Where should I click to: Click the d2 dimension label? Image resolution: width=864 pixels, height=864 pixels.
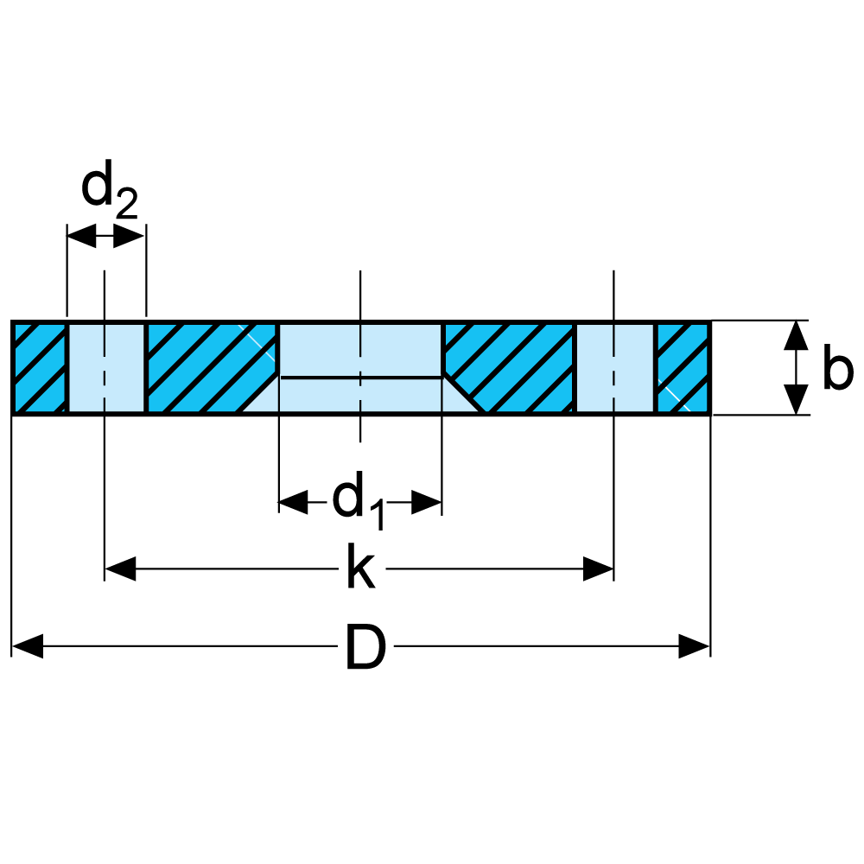(x=108, y=192)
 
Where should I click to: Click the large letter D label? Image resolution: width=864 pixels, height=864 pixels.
(x=365, y=647)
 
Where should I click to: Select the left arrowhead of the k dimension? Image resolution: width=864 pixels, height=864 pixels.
(x=120, y=569)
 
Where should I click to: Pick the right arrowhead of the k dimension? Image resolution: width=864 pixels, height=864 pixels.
(x=598, y=569)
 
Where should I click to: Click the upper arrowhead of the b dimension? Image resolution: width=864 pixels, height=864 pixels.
(x=796, y=335)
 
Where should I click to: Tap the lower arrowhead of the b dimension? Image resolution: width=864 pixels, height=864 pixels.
(x=796, y=400)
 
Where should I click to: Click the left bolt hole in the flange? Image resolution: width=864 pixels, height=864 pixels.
(x=106, y=368)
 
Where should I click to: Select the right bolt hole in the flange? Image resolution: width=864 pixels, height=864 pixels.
(x=613, y=368)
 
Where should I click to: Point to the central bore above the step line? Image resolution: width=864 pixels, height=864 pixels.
(x=360, y=350)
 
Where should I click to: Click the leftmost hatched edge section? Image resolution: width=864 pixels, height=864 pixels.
(x=40, y=368)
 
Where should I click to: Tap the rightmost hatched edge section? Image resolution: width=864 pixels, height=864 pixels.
(x=683, y=368)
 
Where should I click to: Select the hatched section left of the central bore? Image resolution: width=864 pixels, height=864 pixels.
(x=212, y=368)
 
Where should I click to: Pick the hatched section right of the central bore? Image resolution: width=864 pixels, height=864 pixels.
(x=510, y=368)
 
